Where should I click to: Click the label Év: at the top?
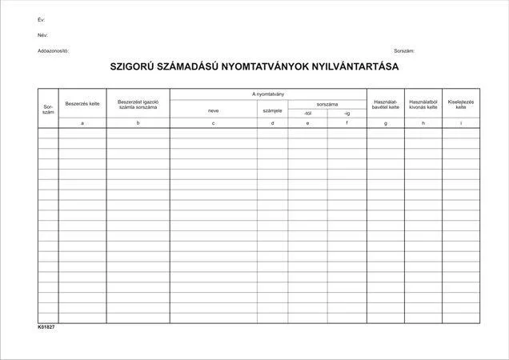click(41, 19)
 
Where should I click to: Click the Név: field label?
click(42, 35)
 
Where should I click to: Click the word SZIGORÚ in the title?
click(136, 68)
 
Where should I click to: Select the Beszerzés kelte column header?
click(82, 104)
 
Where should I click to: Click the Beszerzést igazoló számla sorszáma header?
click(138, 104)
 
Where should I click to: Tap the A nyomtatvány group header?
click(268, 94)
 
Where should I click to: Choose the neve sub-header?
click(213, 110)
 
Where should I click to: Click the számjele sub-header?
click(272, 110)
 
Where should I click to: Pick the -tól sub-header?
click(307, 114)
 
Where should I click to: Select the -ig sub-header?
click(347, 114)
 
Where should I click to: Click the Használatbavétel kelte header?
click(386, 104)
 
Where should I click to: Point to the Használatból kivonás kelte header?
click(423, 104)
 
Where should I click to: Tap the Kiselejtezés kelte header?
click(460, 104)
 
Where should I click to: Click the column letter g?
click(386, 123)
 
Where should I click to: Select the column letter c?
click(213, 123)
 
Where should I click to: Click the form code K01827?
click(46, 327)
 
